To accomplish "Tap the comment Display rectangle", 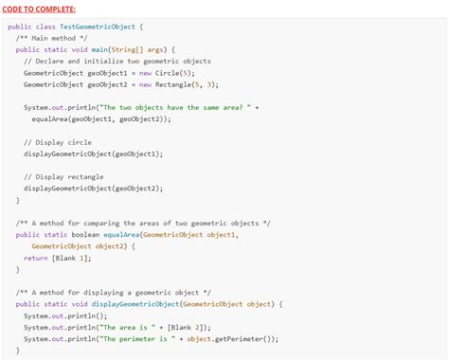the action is pyautogui.click(x=66, y=177).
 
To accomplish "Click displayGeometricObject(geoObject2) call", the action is pyautogui.click(x=93, y=189).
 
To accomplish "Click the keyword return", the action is pyautogui.click(x=36, y=257).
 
